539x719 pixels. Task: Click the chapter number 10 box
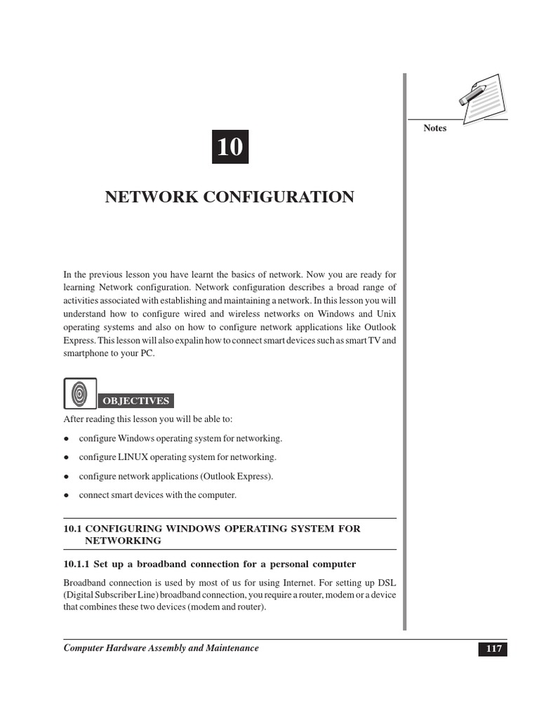coord(229,147)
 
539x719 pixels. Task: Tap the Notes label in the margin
coord(435,128)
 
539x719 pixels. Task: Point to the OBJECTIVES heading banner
coord(136,401)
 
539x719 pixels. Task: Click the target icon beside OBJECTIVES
coord(79,393)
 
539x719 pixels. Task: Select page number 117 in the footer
coord(493,649)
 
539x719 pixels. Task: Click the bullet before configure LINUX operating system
coord(65,458)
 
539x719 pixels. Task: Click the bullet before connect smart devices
coord(65,496)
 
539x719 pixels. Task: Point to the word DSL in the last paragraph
coord(387,583)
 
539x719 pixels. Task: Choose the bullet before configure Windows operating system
coord(65,439)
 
